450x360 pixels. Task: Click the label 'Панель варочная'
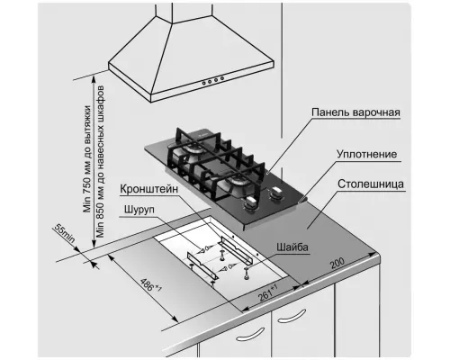(355, 112)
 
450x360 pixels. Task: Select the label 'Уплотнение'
(366, 154)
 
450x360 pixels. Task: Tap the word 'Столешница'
(371, 184)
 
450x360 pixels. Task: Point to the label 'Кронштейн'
(149, 189)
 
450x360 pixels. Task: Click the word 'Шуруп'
(139, 210)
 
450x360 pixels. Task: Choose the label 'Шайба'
(292, 247)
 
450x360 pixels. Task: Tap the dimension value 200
(337, 263)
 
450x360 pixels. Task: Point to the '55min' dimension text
(65, 234)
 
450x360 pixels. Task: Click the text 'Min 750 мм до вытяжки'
(87, 159)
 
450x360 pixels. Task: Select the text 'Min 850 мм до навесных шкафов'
(101, 162)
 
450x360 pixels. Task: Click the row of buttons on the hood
(212, 80)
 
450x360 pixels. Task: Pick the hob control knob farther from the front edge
(275, 193)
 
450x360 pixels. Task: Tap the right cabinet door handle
(292, 316)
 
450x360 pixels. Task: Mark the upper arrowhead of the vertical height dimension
(94, 79)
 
